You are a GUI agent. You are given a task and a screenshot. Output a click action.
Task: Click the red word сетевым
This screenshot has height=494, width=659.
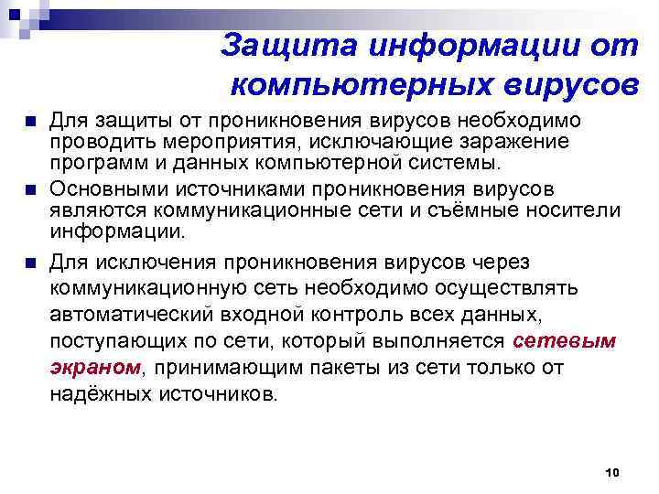click(x=566, y=341)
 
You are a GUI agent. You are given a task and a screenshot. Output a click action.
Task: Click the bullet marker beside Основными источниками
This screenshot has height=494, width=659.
click(x=31, y=191)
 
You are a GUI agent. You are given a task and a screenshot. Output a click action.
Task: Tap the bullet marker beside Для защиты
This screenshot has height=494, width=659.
click(x=31, y=123)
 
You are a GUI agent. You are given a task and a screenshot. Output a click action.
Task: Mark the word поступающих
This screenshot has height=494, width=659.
click(x=115, y=341)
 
